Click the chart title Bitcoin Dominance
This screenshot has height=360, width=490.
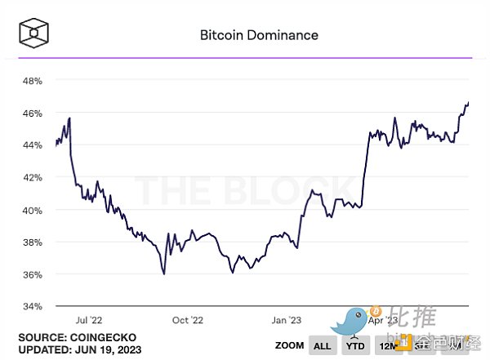click(x=259, y=35)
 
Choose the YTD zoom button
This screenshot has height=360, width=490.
click(x=354, y=346)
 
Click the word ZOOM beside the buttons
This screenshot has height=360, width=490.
click(x=289, y=345)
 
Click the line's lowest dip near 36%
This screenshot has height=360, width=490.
click(x=164, y=274)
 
